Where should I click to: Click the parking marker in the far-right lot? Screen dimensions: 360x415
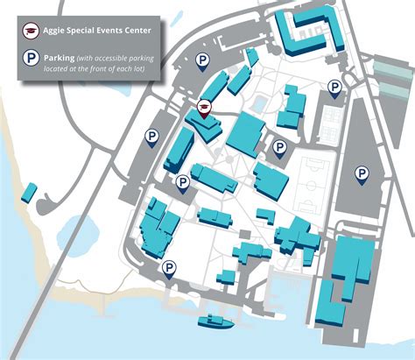tap(362, 173)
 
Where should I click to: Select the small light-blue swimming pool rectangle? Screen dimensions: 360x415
tap(260, 103)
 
